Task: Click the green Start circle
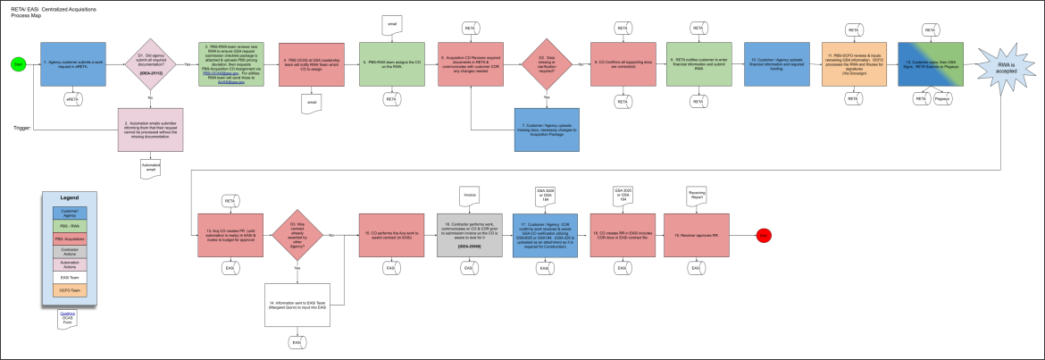17,63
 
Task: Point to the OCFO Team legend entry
69,291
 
